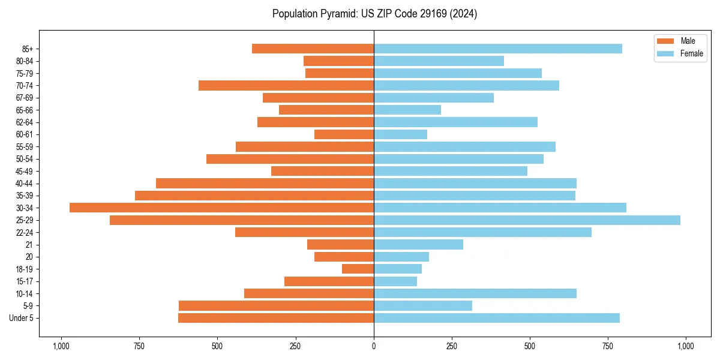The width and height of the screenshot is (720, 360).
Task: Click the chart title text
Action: point(374,14)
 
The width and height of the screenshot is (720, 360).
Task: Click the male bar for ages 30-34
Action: point(221,208)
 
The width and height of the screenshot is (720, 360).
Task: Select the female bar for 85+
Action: point(497,49)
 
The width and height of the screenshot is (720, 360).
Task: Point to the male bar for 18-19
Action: point(358,269)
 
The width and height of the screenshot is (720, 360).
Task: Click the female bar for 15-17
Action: point(395,281)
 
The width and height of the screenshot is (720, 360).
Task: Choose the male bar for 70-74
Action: point(286,86)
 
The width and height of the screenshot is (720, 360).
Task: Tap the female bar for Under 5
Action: point(496,318)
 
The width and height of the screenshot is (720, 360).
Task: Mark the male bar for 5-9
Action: point(276,305)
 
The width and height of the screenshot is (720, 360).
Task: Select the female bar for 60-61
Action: point(400,134)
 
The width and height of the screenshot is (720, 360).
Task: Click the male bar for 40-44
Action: point(265,183)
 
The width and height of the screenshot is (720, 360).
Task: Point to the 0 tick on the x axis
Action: point(374,346)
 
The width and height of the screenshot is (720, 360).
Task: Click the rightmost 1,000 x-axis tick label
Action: point(686,346)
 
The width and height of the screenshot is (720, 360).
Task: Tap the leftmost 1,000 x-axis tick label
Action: point(61,346)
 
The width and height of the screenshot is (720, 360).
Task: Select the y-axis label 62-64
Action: point(23,122)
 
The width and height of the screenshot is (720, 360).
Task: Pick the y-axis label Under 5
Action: point(22,318)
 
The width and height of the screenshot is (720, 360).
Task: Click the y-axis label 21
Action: point(29,245)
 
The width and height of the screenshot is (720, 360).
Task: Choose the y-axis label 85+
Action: point(26,49)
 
